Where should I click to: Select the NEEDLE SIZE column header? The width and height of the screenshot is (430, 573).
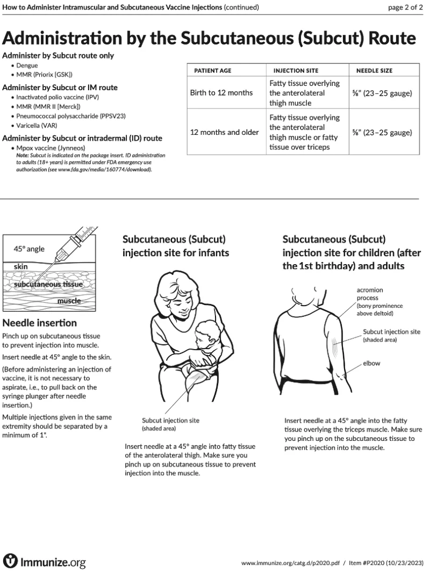pos(374,71)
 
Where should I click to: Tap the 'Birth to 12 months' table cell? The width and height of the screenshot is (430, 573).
pos(221,93)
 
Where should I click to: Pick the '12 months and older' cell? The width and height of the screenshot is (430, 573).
pos(224,132)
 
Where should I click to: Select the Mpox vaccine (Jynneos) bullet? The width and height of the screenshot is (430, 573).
pos(51,148)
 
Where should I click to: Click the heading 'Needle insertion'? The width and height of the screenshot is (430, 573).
pos(40,323)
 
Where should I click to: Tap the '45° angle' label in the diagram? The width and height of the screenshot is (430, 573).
pos(29,249)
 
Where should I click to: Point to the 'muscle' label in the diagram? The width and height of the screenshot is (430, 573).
pos(69,301)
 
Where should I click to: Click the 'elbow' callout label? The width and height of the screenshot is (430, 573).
pos(371,363)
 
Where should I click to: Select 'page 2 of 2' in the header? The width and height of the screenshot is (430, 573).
pos(405,7)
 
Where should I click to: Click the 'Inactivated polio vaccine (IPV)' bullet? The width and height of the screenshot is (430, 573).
pos(58,98)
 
